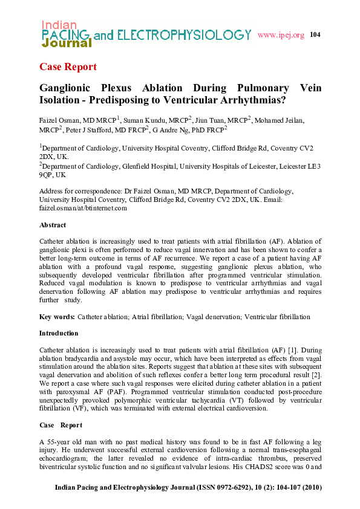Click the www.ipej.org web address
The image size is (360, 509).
(x=281, y=35)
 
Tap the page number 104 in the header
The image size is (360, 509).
(x=315, y=34)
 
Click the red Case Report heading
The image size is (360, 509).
(x=67, y=66)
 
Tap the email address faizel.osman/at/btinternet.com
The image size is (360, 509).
(x=83, y=208)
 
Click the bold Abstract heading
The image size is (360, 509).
(x=53, y=225)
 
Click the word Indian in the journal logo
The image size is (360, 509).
(x=59, y=25)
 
